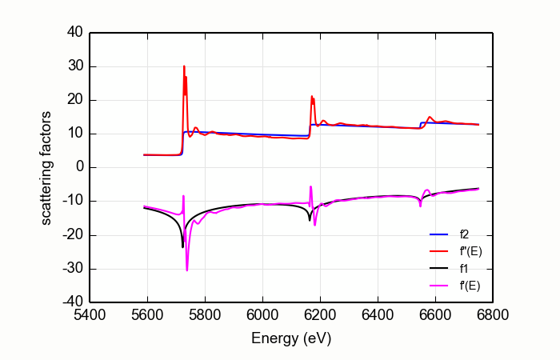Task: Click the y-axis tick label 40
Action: tap(74, 33)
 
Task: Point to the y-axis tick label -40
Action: tap(72, 303)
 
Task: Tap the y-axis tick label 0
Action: tap(78, 168)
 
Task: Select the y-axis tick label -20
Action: tap(72, 236)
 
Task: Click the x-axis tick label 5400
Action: tap(90, 316)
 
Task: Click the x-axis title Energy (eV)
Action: tap(291, 338)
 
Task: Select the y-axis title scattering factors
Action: tap(46, 168)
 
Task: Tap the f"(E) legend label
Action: tap(470, 251)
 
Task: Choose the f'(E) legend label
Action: tap(470, 285)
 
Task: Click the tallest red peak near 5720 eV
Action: tap(184, 66)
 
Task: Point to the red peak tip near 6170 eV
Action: tap(312, 96)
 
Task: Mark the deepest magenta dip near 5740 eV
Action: tap(187, 270)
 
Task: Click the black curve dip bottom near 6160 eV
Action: tap(310, 220)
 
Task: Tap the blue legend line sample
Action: tap(438, 234)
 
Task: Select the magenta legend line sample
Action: tap(438, 285)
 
